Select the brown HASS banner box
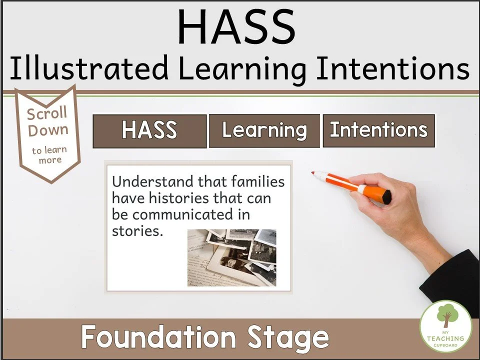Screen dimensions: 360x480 click(x=149, y=131)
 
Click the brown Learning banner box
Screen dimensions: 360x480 click(x=264, y=130)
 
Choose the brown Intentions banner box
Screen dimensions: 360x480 click(x=378, y=130)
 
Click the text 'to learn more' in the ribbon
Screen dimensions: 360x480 click(x=49, y=155)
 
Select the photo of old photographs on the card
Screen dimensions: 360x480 click(x=231, y=257)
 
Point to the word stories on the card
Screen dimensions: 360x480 click(x=137, y=232)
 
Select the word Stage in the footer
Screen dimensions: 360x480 click(x=295, y=337)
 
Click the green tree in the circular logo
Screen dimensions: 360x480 click(x=446, y=316)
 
